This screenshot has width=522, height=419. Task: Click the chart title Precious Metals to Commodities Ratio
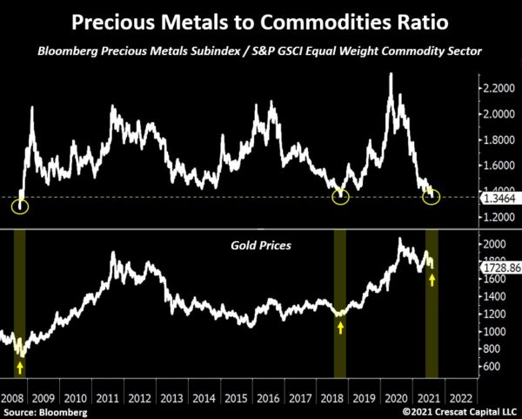pos(261,20)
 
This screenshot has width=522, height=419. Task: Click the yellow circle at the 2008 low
pos(20,206)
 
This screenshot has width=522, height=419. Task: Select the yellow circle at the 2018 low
pos(341,197)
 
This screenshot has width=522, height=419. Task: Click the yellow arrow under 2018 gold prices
pos(341,328)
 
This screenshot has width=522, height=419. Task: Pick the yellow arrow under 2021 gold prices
pos(432,280)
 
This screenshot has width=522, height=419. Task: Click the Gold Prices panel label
pos(260,247)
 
